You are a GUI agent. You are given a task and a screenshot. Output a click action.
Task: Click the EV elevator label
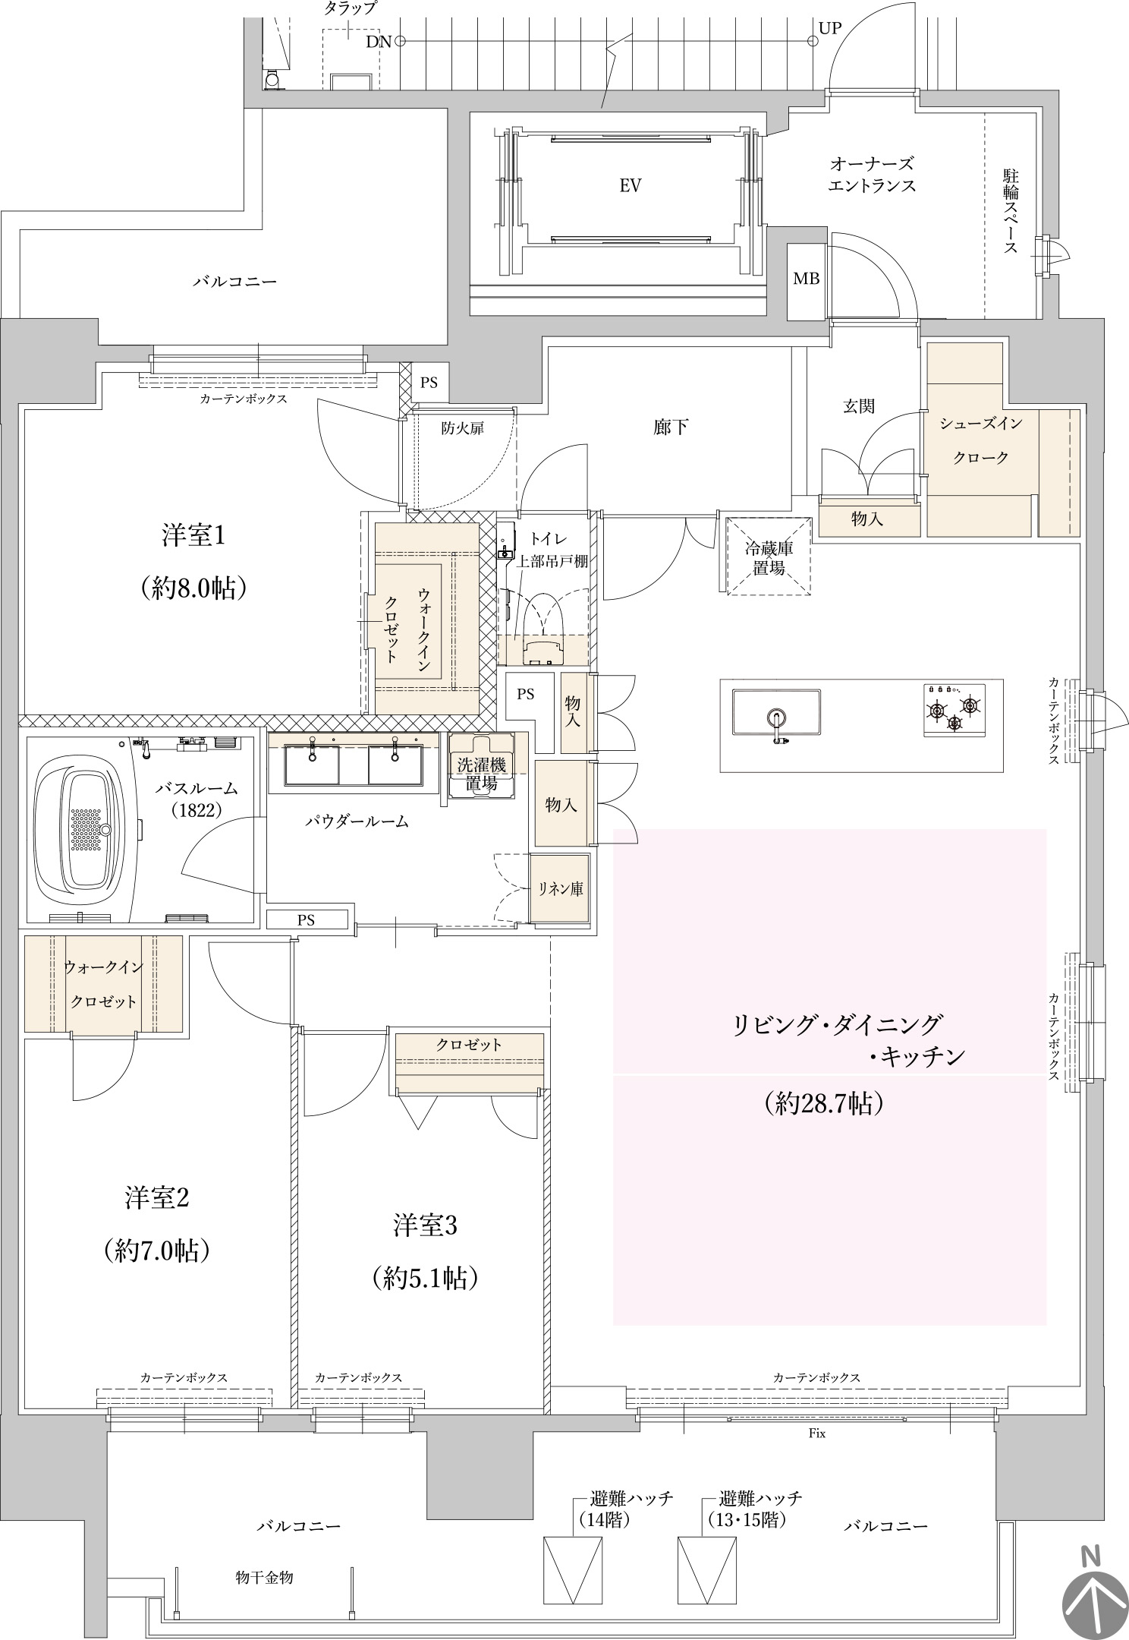(631, 185)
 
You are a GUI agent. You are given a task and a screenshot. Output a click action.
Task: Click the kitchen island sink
(776, 712)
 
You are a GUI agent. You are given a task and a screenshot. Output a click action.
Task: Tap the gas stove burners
(954, 708)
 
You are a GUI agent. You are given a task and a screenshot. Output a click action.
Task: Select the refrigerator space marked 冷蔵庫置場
(769, 557)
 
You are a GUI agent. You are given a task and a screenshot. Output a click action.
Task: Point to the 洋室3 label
(425, 1225)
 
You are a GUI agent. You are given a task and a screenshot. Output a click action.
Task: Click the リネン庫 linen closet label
(561, 888)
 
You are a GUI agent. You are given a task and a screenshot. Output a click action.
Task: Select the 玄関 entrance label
(859, 406)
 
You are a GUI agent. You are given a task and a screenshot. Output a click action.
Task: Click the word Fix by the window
(816, 1434)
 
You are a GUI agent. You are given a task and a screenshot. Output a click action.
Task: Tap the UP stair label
(830, 28)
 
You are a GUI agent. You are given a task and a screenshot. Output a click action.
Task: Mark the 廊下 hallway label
(671, 427)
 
